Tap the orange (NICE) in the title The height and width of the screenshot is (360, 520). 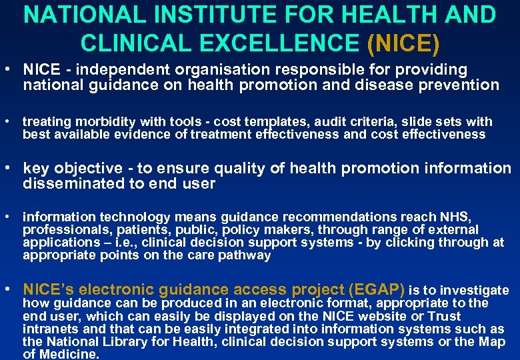(x=403, y=43)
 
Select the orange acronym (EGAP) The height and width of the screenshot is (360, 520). (x=372, y=289)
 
